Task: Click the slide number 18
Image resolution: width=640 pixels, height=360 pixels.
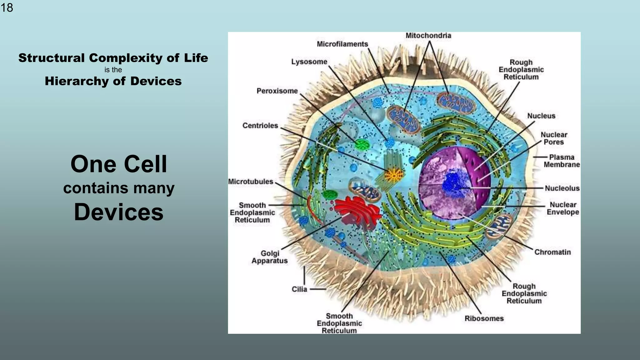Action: click(x=7, y=7)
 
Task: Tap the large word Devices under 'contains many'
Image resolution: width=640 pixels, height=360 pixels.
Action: click(x=118, y=212)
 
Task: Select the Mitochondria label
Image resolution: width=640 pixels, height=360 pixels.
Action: click(x=428, y=36)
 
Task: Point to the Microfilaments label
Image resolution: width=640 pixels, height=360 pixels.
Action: click(x=342, y=44)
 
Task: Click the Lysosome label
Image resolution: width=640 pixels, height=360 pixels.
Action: click(x=309, y=62)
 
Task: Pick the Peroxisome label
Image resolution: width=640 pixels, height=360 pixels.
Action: click(x=277, y=91)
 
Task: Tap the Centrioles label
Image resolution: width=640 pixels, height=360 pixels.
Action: click(x=260, y=126)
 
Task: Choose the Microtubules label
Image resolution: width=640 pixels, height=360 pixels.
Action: click(x=251, y=182)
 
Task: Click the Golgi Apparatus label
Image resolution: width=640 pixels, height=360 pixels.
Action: click(x=270, y=257)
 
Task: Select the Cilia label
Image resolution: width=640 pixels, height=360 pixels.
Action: click(x=299, y=289)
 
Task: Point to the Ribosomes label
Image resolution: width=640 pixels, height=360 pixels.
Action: click(x=484, y=318)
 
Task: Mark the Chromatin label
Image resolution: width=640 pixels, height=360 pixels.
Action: click(x=552, y=252)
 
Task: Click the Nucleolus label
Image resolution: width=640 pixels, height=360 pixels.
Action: click(x=562, y=188)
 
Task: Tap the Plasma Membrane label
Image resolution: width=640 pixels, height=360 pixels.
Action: click(x=561, y=161)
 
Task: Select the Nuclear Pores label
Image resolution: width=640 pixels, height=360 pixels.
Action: click(x=554, y=138)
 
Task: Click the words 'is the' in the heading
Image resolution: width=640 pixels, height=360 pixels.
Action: click(x=113, y=70)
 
